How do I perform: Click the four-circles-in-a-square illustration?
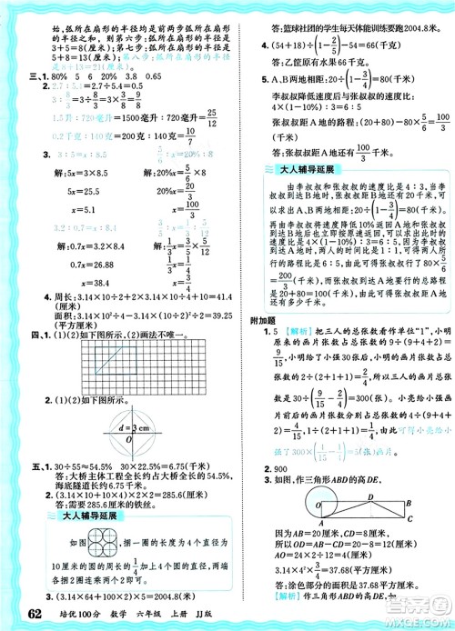click(x=53, y=542)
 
